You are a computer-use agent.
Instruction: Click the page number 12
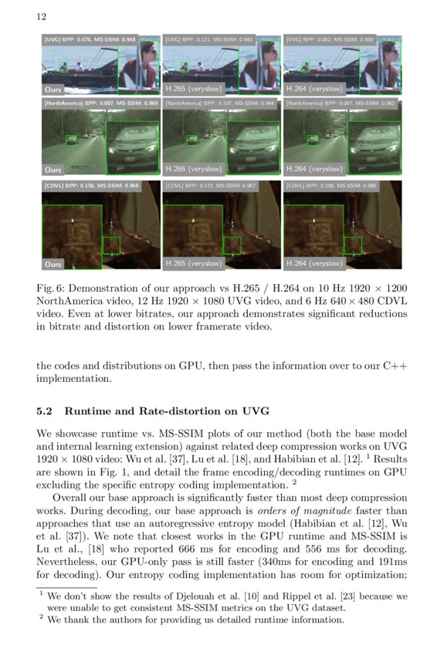click(x=41, y=16)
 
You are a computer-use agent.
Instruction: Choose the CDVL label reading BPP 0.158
click(x=91, y=186)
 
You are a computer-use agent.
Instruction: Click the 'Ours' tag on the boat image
click(x=53, y=90)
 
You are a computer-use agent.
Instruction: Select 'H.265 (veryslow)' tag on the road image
click(x=194, y=168)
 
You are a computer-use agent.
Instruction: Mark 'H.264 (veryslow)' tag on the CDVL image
click(x=314, y=264)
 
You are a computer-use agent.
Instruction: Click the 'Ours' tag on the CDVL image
click(x=53, y=264)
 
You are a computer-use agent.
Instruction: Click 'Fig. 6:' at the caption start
click(x=49, y=289)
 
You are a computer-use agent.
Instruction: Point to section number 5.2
click(x=45, y=411)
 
